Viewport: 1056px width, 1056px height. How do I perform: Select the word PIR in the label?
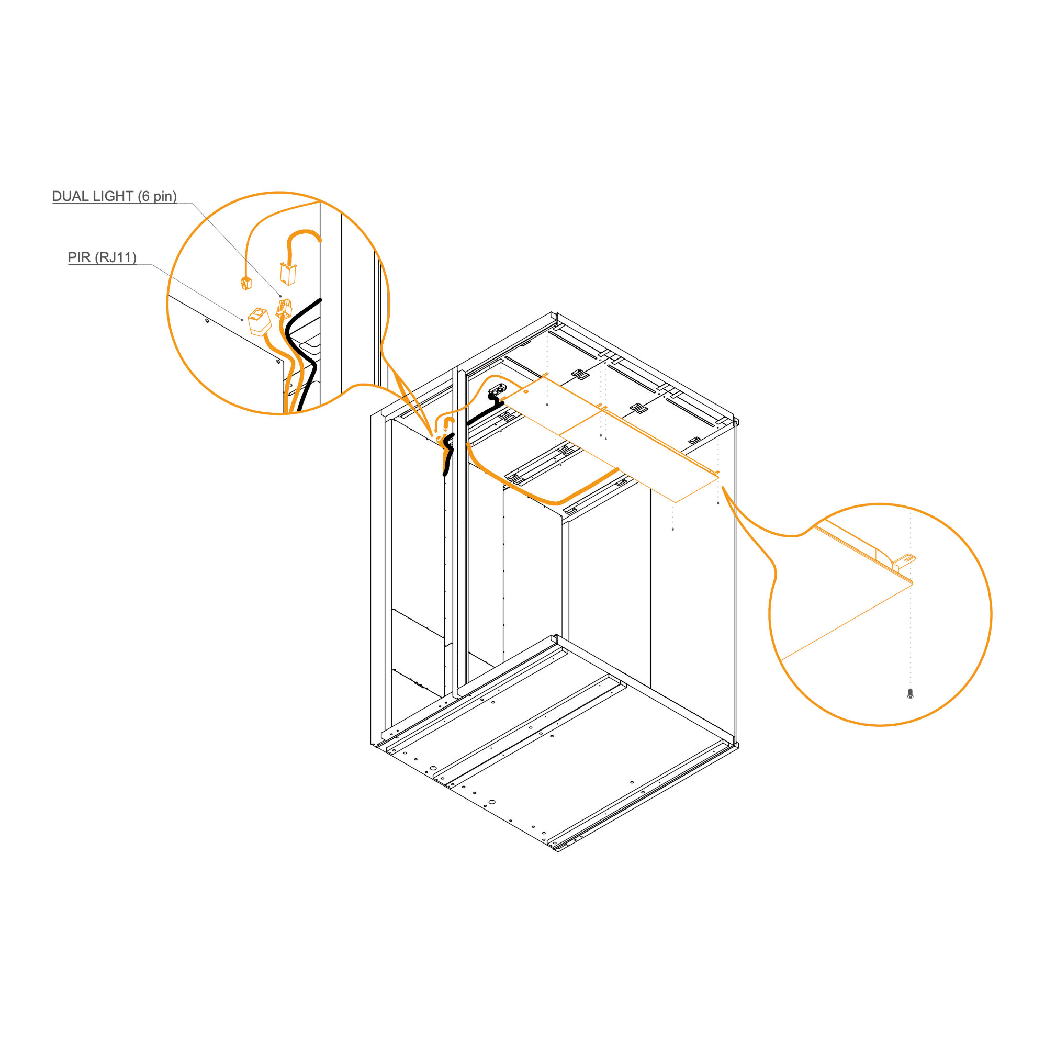coord(79,257)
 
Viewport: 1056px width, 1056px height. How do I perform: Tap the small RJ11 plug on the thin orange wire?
coord(246,283)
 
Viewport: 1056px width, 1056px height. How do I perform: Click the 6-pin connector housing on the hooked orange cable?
coord(288,274)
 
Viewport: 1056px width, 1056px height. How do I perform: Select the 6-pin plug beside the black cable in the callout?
coord(284,309)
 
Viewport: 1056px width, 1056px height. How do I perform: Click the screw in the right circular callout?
coord(910,693)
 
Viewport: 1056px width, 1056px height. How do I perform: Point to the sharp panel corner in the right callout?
coord(912,582)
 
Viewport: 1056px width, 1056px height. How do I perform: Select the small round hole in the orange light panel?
coord(526,392)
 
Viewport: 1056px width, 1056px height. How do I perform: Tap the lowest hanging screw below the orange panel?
coord(673,529)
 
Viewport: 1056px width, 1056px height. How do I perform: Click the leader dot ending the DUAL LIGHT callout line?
coord(281,296)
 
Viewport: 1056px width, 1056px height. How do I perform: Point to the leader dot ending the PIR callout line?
coord(242,320)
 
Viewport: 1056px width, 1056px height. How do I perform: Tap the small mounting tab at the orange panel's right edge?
coord(716,472)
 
